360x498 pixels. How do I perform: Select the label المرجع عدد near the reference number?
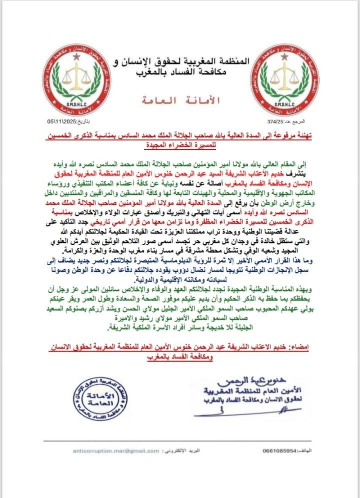(x=298, y=121)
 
